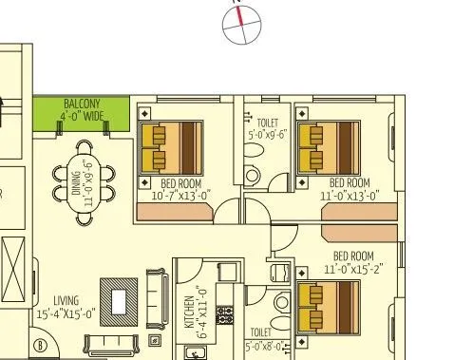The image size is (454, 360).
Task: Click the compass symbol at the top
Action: (x=241, y=26)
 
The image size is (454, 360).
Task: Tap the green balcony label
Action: (x=81, y=109)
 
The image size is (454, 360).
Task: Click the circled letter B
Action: (x=41, y=345)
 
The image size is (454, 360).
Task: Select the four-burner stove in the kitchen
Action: (x=226, y=314)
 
